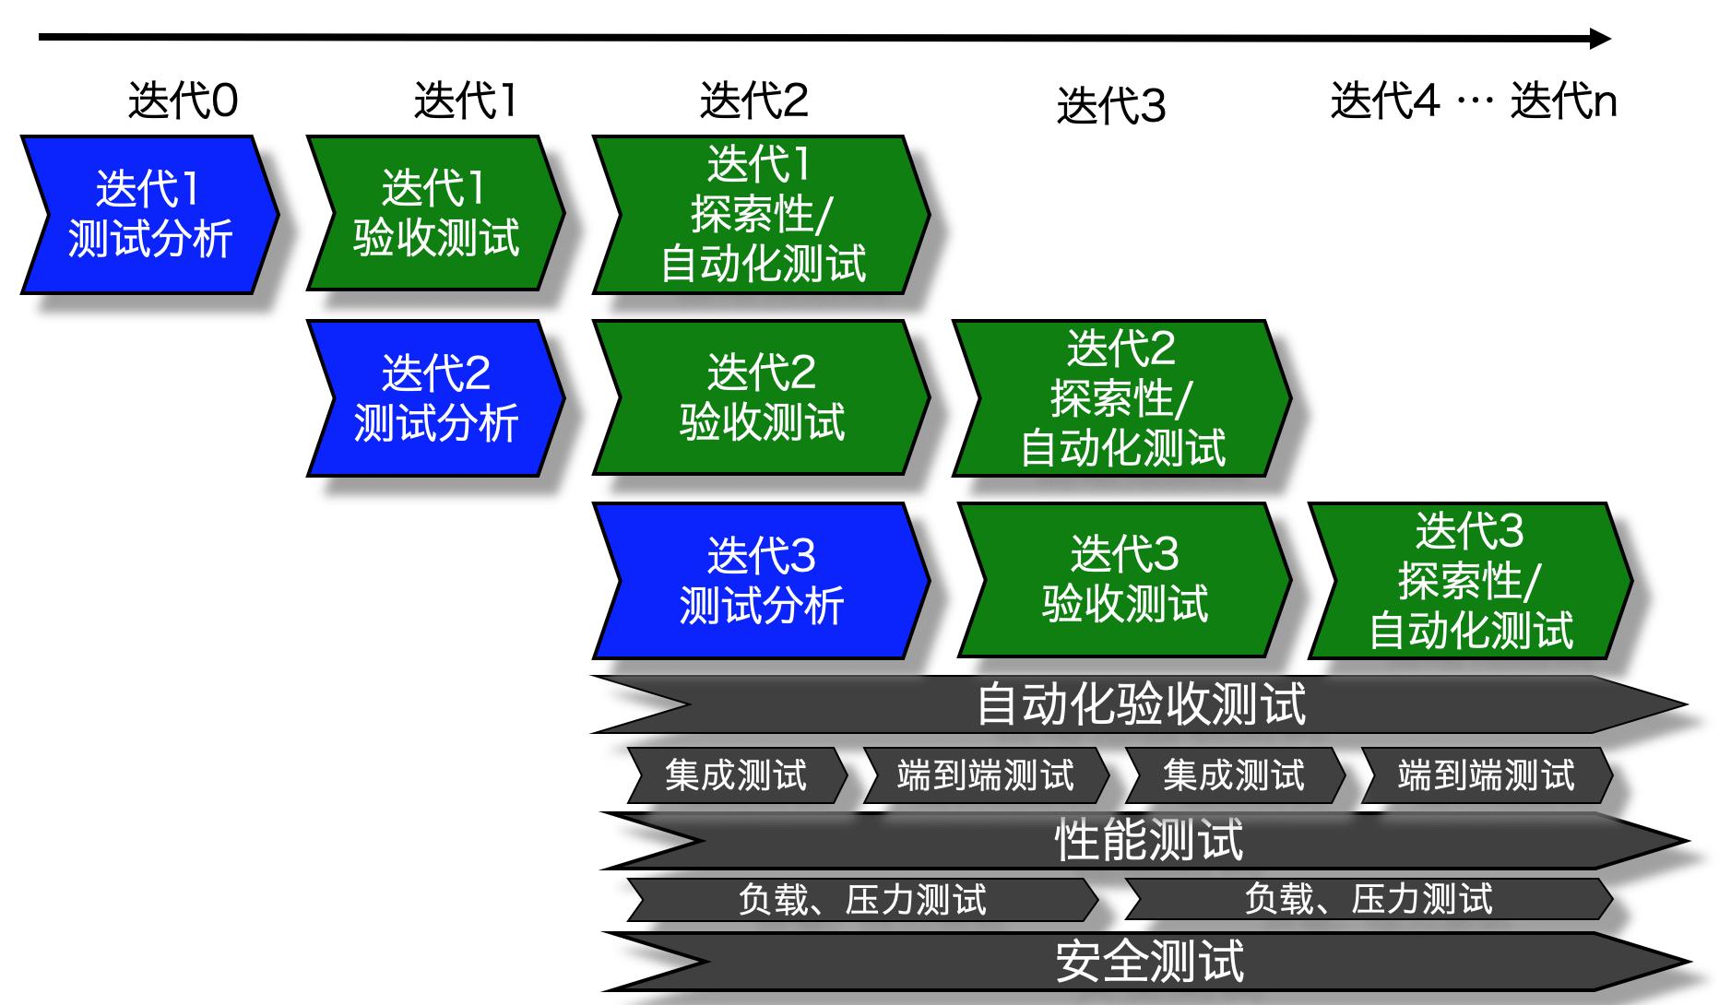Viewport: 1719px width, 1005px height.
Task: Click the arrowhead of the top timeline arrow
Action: pos(1601,39)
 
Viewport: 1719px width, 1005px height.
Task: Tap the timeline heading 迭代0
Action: pos(183,100)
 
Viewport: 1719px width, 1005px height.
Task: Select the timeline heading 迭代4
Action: pos(1384,100)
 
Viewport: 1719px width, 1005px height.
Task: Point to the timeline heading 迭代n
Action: pos(1563,100)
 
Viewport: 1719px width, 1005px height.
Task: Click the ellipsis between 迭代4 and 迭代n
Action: pos(1474,101)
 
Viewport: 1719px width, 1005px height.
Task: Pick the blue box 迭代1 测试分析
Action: pos(149,215)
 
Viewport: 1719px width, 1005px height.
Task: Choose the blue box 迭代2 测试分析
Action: pos(435,398)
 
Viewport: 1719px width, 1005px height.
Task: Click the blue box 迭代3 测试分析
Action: pos(760,581)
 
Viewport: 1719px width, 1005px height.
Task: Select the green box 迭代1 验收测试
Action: pos(435,214)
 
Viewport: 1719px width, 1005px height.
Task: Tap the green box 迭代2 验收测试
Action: pos(760,398)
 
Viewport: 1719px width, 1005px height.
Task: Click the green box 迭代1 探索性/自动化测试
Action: pos(760,215)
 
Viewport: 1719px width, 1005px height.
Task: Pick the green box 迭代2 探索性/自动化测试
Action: pos(1121,398)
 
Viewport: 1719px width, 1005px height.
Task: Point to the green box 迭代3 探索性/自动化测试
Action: pos(1470,581)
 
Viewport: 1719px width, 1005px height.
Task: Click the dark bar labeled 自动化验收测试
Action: pos(1140,704)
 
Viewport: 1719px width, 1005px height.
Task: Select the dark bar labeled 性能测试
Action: pos(1147,841)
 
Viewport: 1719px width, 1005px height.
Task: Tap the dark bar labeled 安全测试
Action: pos(1149,962)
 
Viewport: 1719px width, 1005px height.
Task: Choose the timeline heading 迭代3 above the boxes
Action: pos(1110,106)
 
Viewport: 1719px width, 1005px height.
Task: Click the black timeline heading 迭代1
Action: pos(465,100)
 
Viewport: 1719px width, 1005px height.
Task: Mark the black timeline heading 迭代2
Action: pos(753,100)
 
